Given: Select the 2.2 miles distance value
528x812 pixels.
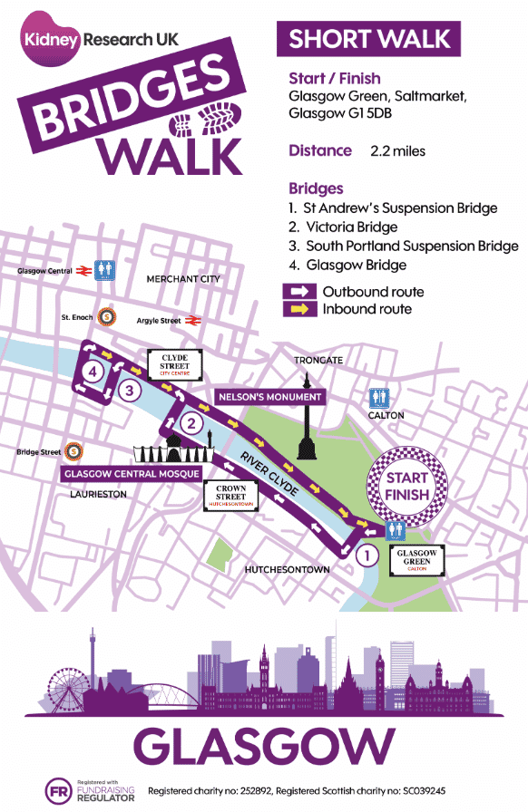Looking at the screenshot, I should pyautogui.click(x=396, y=150).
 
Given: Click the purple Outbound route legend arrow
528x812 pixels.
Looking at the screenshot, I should pyautogui.click(x=300, y=292).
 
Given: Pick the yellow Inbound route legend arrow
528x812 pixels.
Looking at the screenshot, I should pyautogui.click(x=300, y=310).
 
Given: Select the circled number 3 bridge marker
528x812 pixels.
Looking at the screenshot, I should pyautogui.click(x=132, y=391).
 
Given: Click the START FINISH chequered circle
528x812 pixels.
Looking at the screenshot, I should pyautogui.click(x=407, y=486).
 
